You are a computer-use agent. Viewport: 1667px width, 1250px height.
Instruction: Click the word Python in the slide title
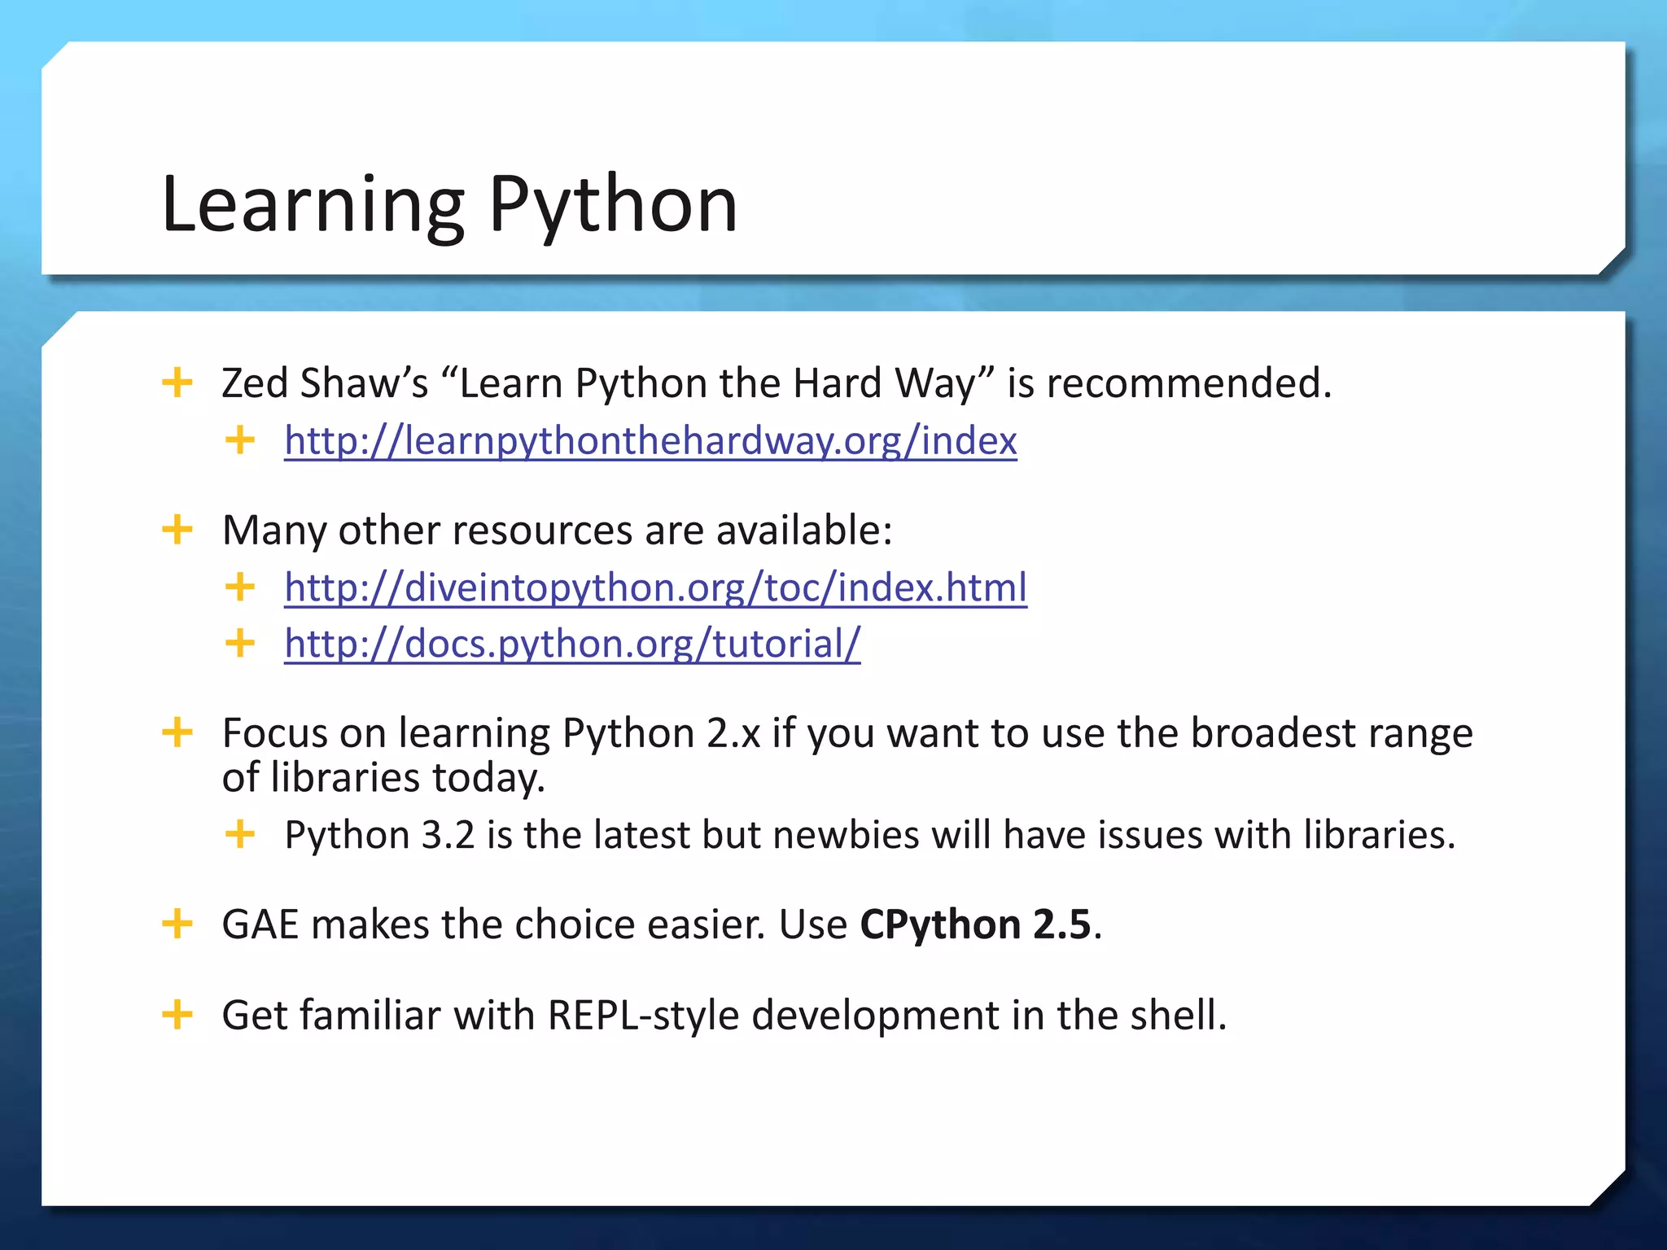[612, 205]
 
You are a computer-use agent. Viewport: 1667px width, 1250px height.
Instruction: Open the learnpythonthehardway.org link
[650, 441]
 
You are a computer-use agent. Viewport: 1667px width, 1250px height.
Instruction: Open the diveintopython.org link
[655, 588]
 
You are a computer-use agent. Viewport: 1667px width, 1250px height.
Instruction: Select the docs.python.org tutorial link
[571, 644]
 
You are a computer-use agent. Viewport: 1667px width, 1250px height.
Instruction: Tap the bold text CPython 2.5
[974, 924]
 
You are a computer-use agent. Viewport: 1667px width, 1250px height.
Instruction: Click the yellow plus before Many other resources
[177, 530]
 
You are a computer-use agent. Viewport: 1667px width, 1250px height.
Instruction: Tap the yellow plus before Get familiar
[177, 1015]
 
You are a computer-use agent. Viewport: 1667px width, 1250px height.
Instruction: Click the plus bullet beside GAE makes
[177, 924]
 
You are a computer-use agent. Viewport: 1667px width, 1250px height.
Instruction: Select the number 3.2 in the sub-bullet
[448, 835]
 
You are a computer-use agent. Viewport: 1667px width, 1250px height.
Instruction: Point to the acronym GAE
[260, 924]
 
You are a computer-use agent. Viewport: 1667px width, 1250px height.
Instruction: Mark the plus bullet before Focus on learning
[177, 732]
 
